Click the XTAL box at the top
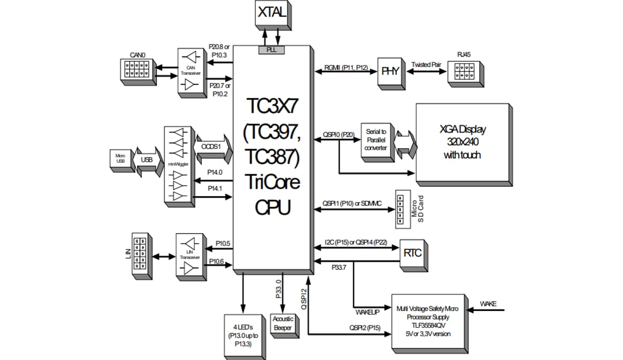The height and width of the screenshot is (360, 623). point(271,13)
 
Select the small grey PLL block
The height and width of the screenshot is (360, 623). point(271,50)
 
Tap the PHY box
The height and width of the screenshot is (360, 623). point(390,72)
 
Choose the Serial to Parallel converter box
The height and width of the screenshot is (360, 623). point(376,140)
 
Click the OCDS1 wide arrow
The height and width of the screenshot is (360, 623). point(213,148)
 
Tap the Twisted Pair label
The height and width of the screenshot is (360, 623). point(426,65)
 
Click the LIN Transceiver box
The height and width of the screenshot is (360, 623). point(187,257)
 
